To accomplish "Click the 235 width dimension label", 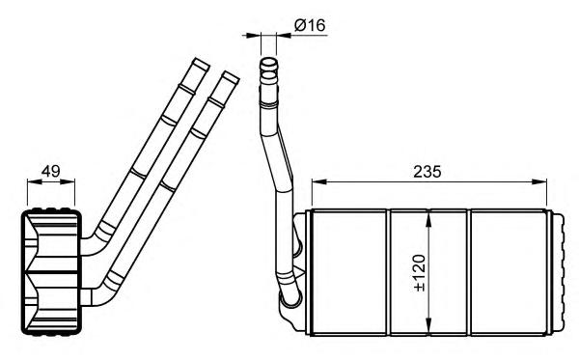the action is click(427, 172).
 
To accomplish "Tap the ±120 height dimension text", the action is click(420, 273).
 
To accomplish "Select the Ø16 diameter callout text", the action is click(310, 25).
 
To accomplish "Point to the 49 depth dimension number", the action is click(50, 172).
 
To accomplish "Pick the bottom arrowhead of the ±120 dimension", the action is click(428, 327).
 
